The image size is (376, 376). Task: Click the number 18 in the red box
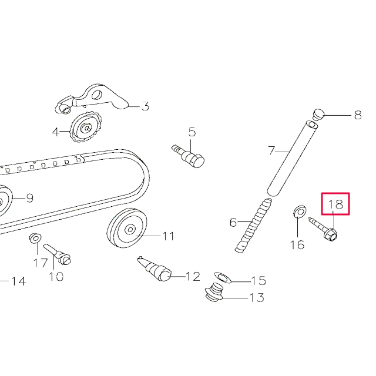tap(335, 204)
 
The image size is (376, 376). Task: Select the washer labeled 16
tap(300, 210)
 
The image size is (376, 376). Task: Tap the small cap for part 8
tap(318, 112)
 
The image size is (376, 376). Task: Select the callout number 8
tap(357, 116)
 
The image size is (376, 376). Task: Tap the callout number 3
tap(145, 106)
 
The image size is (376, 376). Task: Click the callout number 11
tap(169, 237)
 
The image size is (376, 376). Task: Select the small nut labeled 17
tap(35, 239)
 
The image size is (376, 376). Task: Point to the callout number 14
tap(18, 281)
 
